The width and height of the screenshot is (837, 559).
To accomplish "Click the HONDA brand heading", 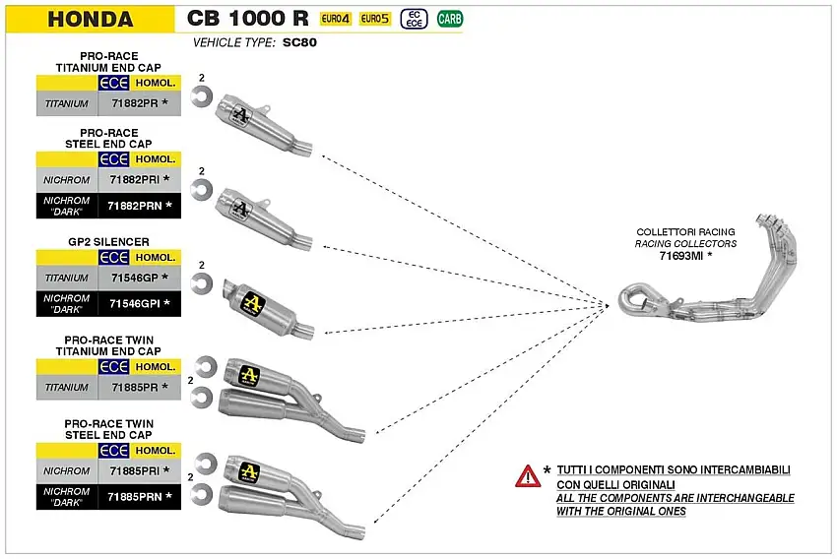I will click(90, 19).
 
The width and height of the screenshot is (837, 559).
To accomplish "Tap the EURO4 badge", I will click(334, 19).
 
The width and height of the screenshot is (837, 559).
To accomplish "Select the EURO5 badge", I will click(374, 19).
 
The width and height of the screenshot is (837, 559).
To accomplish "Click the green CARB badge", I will click(450, 19).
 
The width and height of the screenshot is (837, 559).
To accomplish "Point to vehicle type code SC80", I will click(299, 42).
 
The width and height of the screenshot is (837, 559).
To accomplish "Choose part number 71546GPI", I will click(135, 303).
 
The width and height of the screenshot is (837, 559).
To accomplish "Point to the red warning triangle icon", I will click(526, 477).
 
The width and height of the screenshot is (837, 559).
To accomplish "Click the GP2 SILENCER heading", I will click(108, 241).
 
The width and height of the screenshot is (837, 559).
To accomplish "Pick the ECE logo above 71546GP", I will click(114, 258).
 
